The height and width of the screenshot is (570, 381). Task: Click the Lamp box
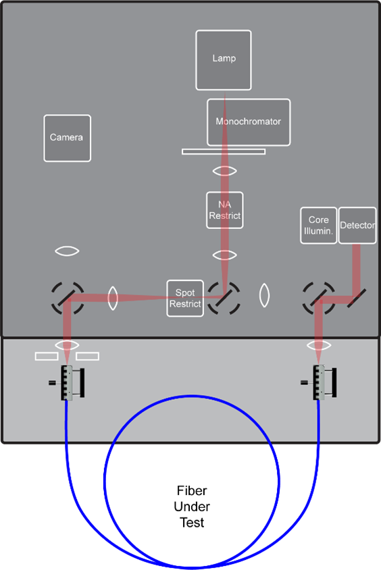(x=224, y=59)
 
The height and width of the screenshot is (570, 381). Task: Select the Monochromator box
(x=249, y=122)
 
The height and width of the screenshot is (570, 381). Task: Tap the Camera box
(x=67, y=138)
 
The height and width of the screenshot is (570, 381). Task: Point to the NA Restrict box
(x=224, y=211)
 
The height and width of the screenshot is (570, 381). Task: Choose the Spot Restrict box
(x=185, y=299)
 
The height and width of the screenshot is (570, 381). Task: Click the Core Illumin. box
(x=318, y=226)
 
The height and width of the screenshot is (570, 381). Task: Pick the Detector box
(x=357, y=226)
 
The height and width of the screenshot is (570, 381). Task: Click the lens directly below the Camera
(x=67, y=251)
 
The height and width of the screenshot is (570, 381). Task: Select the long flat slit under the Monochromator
(x=224, y=151)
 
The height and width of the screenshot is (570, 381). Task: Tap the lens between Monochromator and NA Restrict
(x=224, y=172)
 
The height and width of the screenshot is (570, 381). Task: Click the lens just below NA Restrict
(x=224, y=255)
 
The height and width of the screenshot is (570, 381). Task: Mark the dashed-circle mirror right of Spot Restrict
(x=224, y=297)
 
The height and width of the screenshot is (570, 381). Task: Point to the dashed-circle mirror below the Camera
(x=68, y=298)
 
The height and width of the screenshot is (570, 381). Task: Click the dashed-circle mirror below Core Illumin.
(x=318, y=297)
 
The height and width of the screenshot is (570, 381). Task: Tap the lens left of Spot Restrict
(x=113, y=297)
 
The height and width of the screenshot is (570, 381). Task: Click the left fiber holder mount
(x=68, y=383)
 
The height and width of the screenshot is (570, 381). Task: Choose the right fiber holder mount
(x=318, y=383)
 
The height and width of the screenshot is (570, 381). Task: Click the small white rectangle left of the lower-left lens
(x=47, y=355)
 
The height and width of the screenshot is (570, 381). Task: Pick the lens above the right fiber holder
(x=319, y=345)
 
